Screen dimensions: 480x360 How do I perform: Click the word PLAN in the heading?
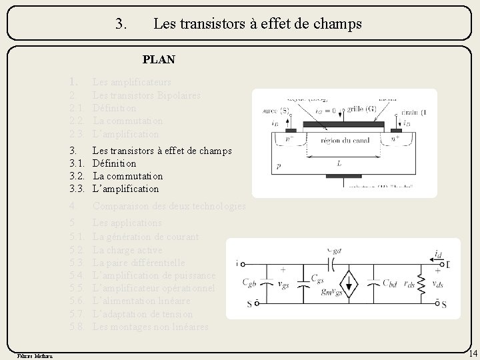coord(159,59)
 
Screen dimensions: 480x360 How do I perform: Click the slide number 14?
coord(472,353)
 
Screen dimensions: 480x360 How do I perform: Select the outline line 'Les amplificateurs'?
coord(131,82)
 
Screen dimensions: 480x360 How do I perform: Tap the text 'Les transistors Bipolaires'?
coord(146,95)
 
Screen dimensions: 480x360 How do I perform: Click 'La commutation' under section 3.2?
coord(127,176)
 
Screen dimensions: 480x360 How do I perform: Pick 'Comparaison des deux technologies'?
coord(169,207)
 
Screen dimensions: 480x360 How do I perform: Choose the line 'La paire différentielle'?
coord(139,263)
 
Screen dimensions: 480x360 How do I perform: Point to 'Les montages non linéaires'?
coord(150,327)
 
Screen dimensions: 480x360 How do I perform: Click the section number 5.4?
coord(77,275)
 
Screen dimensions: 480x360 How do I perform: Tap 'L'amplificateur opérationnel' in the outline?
coord(153,288)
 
